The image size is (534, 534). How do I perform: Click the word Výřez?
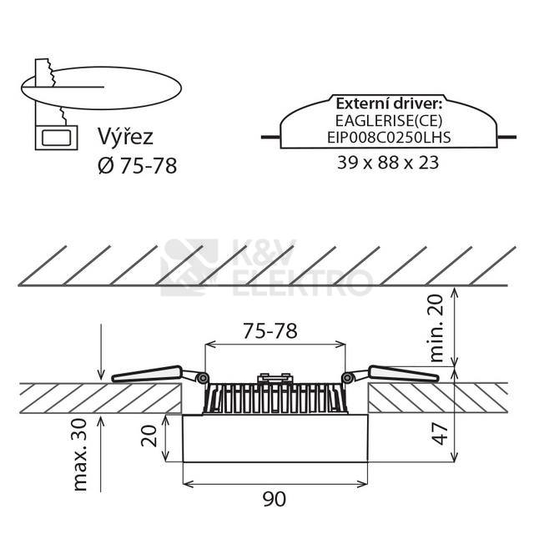[x=125, y=137]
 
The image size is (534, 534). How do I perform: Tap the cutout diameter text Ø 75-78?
[x=137, y=166]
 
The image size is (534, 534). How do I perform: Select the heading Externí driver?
[x=389, y=103]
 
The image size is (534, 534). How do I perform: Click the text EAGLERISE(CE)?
[x=389, y=120]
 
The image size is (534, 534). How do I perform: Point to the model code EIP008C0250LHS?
[x=389, y=137]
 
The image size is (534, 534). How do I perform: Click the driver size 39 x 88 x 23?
[x=388, y=163]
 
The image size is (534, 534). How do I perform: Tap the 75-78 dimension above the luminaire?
[x=270, y=331]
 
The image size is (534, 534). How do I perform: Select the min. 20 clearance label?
[x=436, y=328]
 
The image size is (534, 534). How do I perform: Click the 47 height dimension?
[x=440, y=434]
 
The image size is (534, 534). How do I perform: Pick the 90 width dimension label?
[x=275, y=499]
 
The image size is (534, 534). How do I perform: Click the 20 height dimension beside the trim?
[x=149, y=436]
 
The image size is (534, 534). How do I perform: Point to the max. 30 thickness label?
[x=80, y=455]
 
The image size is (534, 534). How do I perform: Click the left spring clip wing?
[x=147, y=374]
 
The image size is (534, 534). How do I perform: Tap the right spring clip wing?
[x=404, y=374]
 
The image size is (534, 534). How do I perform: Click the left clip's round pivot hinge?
[x=203, y=378]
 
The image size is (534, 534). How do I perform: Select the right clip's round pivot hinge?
[x=347, y=378]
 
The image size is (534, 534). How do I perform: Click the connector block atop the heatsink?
[x=275, y=378]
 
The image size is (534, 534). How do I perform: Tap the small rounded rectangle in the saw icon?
[x=56, y=138]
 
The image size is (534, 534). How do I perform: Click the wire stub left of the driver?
[x=270, y=137]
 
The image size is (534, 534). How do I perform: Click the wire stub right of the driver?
[x=506, y=137]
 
